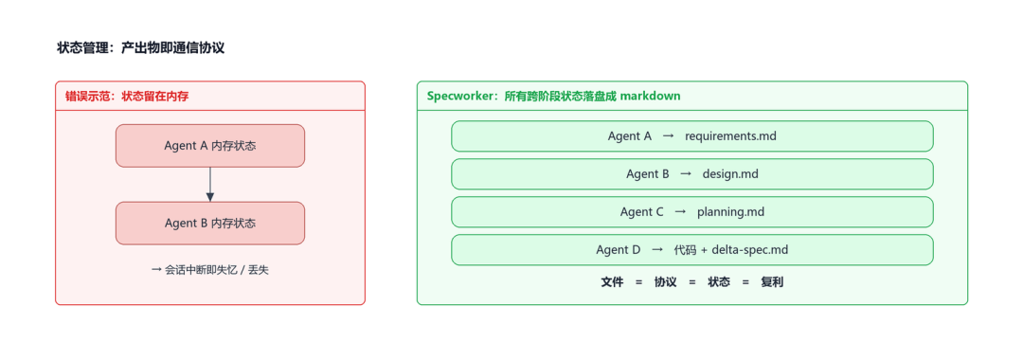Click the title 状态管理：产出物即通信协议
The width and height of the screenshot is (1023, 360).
coord(141,47)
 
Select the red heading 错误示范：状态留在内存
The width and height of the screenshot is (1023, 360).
coord(127,96)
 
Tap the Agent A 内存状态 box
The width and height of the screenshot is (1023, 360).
coord(210,146)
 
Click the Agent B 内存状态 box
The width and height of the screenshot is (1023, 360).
coord(210,223)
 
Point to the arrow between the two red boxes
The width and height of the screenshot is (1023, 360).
coord(210,185)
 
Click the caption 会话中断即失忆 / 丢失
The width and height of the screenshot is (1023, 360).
coord(209,270)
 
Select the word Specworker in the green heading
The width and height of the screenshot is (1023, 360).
coord(462,97)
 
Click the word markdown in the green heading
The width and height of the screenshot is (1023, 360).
coord(650,96)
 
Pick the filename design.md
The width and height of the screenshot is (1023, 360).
coord(730,174)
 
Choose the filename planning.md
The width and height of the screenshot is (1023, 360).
coord(730,212)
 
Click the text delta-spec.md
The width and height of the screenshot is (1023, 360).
coord(750,250)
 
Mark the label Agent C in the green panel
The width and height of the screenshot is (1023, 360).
coord(642,212)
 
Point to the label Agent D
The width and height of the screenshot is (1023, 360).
coord(618,250)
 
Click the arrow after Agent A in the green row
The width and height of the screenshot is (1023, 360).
coord(668,136)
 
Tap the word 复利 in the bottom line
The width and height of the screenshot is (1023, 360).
coord(772,282)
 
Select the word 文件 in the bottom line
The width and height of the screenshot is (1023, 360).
coord(612,282)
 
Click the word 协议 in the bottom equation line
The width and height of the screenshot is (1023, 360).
coord(666,282)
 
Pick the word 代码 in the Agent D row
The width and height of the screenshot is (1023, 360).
coord(685,250)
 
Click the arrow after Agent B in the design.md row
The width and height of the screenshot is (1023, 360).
coord(686,174)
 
